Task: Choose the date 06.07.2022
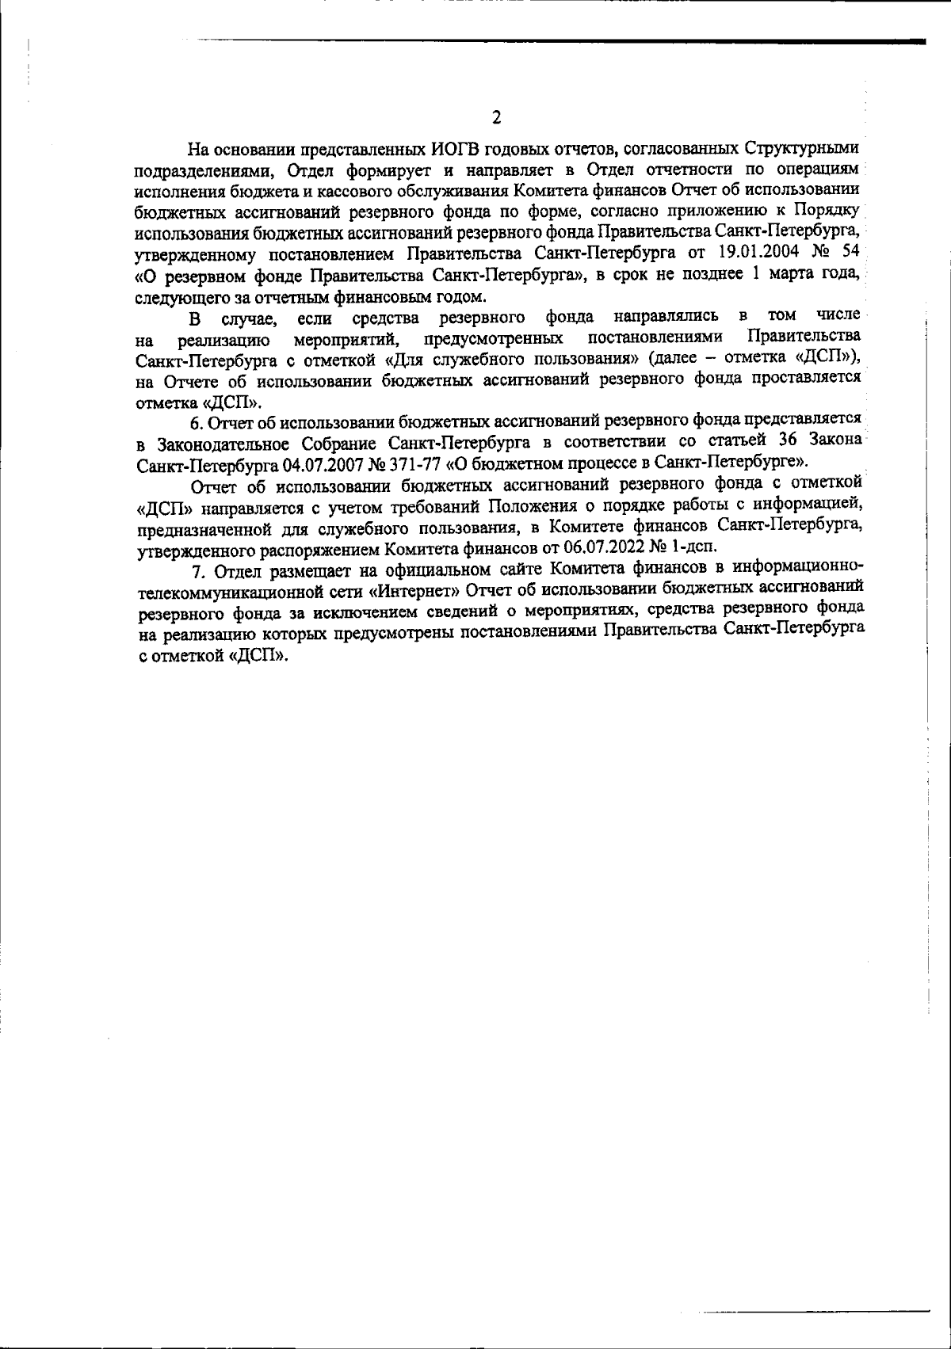[x=601, y=547]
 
